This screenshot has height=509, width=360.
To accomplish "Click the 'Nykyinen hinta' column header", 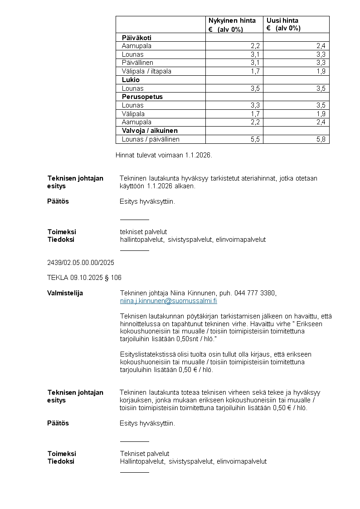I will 232,20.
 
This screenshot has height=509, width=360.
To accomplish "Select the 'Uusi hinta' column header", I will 282,20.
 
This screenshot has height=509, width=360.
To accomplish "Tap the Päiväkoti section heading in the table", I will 136,38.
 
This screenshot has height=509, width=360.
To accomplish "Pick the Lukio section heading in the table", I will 131,80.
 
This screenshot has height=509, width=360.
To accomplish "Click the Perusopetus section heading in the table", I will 142,97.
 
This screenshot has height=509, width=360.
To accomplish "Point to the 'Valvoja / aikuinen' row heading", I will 150,131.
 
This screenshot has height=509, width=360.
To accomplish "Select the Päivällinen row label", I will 137,63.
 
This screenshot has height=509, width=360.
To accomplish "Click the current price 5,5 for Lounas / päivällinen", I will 255,139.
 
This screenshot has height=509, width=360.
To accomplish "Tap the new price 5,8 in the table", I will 321,139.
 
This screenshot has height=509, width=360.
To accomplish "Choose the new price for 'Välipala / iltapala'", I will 321,71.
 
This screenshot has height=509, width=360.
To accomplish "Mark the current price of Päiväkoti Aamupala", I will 255,46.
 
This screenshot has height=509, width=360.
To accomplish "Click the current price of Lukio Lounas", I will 255,88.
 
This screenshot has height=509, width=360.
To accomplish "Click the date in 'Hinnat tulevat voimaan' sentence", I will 198,155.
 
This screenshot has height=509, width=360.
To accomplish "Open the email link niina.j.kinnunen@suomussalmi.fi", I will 168,301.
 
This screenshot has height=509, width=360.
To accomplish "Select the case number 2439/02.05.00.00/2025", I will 81,263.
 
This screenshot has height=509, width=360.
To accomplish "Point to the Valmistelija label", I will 65,293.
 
